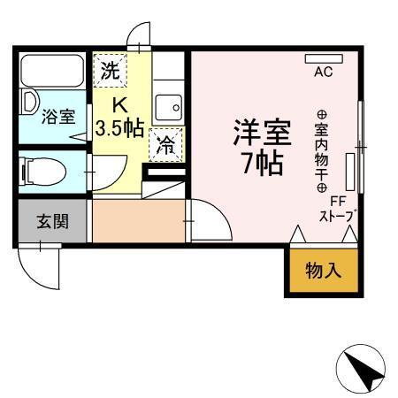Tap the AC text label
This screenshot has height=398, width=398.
(322, 73)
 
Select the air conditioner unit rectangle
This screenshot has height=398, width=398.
(323, 58)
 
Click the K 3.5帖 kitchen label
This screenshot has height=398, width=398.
(119, 116)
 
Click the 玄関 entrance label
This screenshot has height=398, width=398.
(52, 221)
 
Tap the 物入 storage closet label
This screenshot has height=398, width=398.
(323, 271)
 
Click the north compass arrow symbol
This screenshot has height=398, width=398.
(363, 367)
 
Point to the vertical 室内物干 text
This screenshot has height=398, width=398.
(322, 150)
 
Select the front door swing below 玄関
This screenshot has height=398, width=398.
(40, 263)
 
